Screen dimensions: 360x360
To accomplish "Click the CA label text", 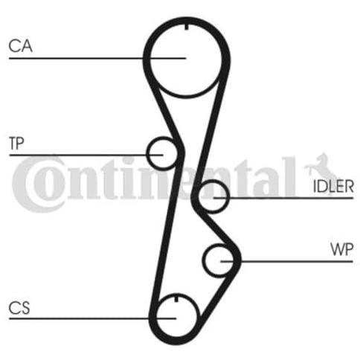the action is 20,46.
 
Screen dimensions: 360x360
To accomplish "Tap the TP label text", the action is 16,143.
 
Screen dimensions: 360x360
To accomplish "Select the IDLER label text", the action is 333,187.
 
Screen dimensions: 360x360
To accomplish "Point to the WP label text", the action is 342,249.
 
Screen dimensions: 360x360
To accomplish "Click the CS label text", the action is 19,308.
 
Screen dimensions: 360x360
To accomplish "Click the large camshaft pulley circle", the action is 150,60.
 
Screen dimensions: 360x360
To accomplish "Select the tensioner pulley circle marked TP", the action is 147,154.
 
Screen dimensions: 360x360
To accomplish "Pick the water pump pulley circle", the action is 204,260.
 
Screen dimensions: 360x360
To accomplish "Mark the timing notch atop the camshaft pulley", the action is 186,26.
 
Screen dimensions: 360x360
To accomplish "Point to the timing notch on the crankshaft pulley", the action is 176,298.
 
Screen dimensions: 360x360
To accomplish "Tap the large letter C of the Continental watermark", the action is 37,184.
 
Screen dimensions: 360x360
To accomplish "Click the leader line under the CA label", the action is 97,58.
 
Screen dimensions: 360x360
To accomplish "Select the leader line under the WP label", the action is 286,261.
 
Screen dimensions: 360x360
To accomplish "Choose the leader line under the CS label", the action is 92,318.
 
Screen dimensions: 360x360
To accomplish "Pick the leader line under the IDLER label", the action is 283,198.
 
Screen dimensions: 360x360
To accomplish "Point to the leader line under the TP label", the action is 86,155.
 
